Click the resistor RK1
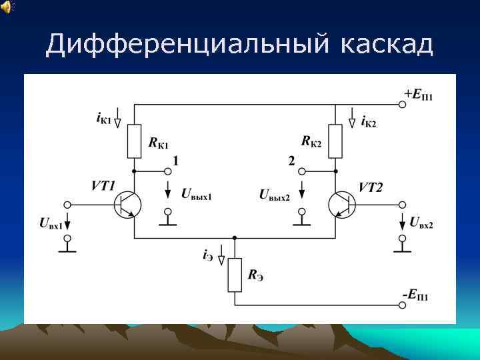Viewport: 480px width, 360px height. (135, 141)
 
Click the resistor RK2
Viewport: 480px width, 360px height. (335, 141)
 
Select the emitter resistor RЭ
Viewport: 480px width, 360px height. (235, 275)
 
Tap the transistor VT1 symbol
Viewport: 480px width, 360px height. (127, 205)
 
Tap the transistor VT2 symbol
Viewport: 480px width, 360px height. (342, 205)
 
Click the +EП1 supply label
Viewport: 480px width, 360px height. (418, 95)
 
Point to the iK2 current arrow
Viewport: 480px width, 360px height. (352, 120)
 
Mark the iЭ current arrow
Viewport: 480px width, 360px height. (219, 257)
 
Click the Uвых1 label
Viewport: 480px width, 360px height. (196, 193)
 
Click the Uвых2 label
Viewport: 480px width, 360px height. (274, 195)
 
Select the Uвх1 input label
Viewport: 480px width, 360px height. (51, 224)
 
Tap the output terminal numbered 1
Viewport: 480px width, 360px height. (167, 171)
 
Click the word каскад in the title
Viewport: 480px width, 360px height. (387, 45)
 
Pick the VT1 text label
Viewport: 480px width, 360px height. (103, 186)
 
